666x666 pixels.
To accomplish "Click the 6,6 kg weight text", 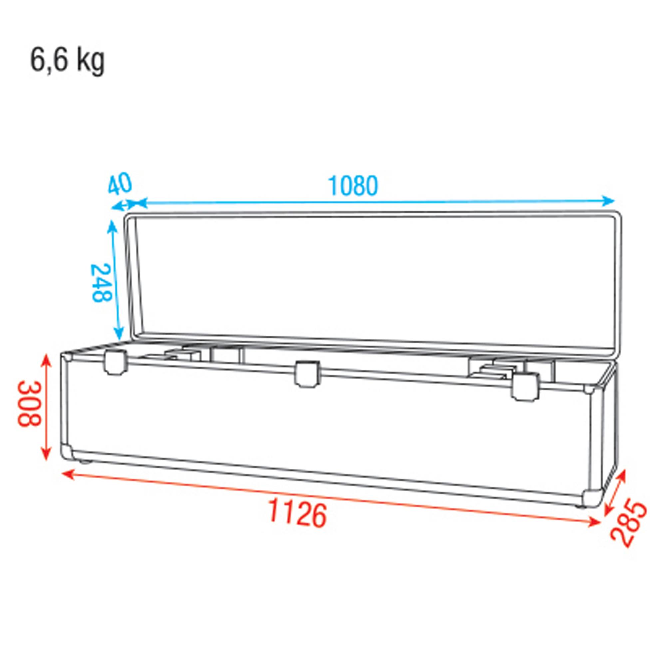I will [67, 61].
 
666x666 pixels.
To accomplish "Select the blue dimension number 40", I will [120, 184].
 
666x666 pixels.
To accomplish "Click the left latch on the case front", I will [115, 362].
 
